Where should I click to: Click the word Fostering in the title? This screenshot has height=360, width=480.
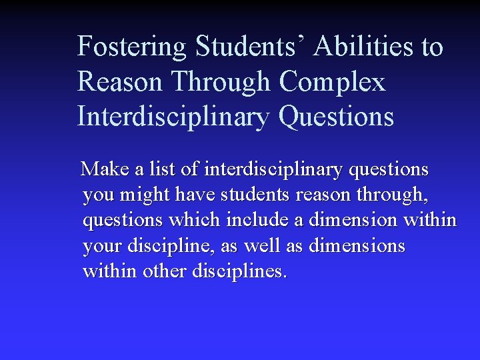click(x=133, y=47)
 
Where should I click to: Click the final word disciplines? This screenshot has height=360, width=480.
click(x=239, y=272)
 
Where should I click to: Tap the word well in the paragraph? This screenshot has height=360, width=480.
click(x=263, y=247)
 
